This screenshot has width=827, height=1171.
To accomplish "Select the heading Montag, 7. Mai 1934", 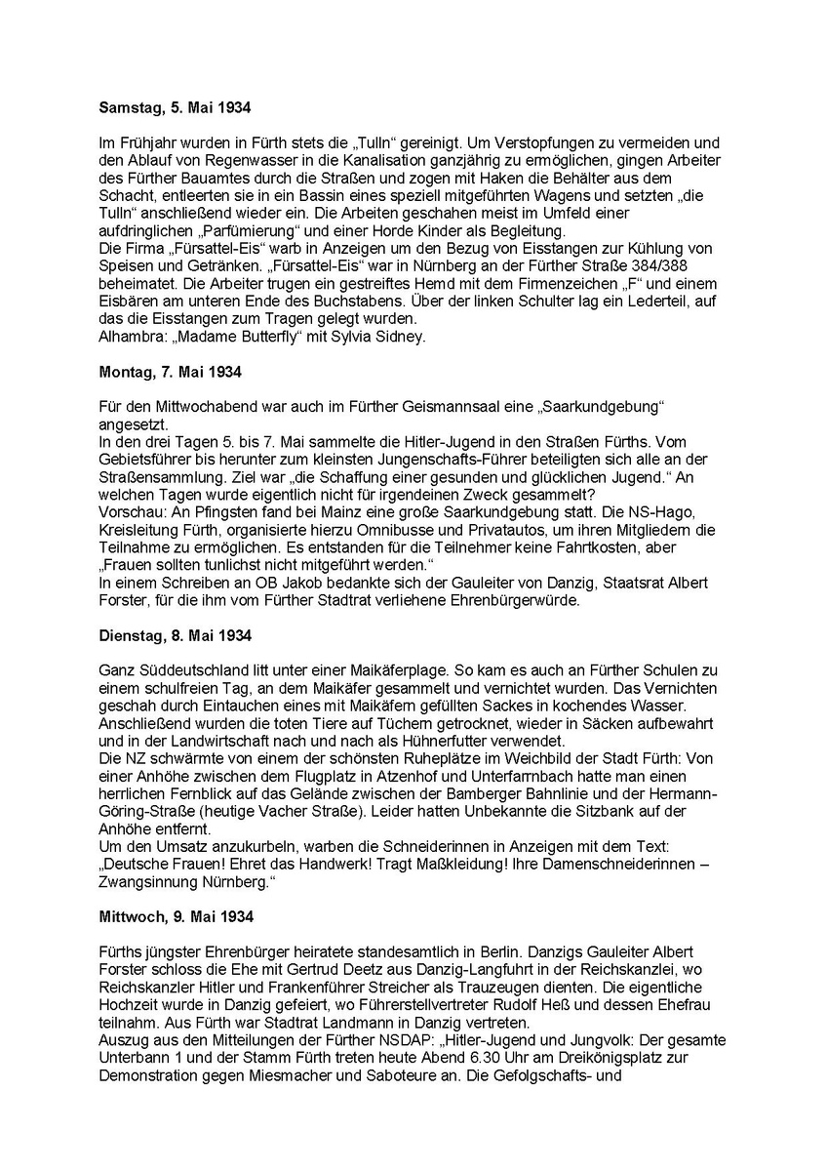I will coord(170,371).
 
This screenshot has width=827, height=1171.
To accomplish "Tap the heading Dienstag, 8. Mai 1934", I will coord(176,636).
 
